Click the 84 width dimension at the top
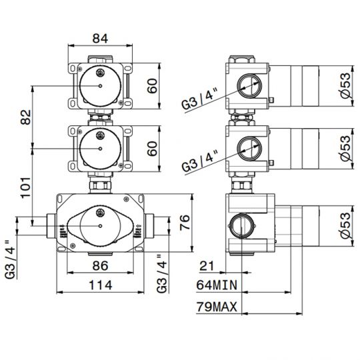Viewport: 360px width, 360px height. pos(100,39)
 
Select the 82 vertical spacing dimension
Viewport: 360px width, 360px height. pos(26,117)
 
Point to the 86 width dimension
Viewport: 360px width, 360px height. pos(100,265)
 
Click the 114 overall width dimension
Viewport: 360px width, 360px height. pos(100,285)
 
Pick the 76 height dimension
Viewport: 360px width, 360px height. pos(185,222)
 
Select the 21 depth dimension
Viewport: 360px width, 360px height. pos(207,266)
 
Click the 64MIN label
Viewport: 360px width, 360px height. pos(217,285)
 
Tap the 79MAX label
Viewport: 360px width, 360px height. pos(217,307)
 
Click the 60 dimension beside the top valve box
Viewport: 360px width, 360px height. pos(153,86)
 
